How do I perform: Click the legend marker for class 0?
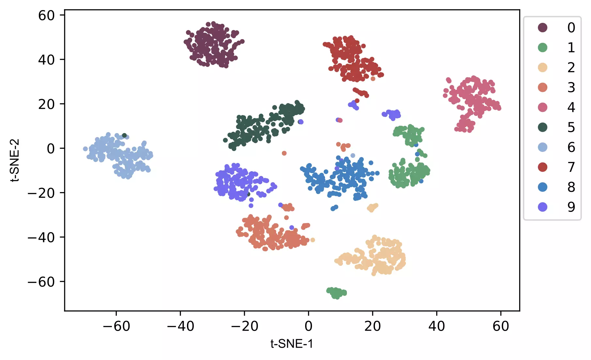point(542,28)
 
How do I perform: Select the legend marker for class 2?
point(542,67)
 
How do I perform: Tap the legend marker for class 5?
point(542,127)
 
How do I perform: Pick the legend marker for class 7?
point(542,167)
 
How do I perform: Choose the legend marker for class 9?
point(542,207)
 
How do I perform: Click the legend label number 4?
point(571,107)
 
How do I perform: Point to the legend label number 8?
point(571,187)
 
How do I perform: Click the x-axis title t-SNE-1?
point(292,344)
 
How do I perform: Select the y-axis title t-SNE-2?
point(15,160)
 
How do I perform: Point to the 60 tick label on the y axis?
point(46,15)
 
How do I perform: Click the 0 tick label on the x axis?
point(308,326)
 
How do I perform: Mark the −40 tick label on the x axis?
point(180,326)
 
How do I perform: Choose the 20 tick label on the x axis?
point(372,326)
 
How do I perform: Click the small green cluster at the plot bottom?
point(337,292)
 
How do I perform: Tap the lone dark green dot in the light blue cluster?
point(124,135)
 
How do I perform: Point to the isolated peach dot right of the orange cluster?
point(313,240)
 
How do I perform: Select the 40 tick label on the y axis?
point(46,60)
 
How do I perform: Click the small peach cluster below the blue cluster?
point(372,207)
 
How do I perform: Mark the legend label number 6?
point(571,147)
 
